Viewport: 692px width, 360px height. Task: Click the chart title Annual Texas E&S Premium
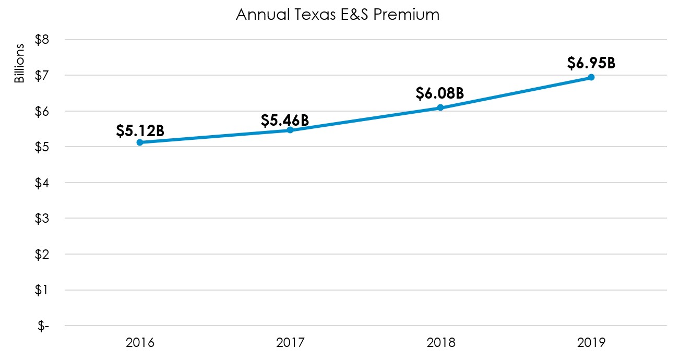tap(338, 15)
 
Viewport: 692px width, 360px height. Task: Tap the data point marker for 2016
tap(140, 142)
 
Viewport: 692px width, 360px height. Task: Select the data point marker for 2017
tap(290, 130)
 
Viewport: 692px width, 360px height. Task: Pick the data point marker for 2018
tap(440, 107)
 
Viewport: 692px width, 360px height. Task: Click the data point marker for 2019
tap(591, 77)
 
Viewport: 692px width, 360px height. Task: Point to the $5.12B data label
tap(140, 130)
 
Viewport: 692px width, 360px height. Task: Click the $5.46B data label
tap(285, 121)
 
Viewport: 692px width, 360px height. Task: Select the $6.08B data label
tap(440, 94)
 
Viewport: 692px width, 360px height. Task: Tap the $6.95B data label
tap(591, 63)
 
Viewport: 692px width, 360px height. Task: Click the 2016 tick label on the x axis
tap(140, 343)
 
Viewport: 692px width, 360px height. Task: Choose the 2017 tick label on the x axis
tap(290, 343)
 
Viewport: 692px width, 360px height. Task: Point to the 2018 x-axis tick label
tap(440, 343)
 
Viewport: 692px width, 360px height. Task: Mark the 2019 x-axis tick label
tap(591, 343)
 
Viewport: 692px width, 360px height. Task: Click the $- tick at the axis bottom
tap(43, 326)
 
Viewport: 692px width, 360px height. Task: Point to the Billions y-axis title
tap(19, 64)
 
